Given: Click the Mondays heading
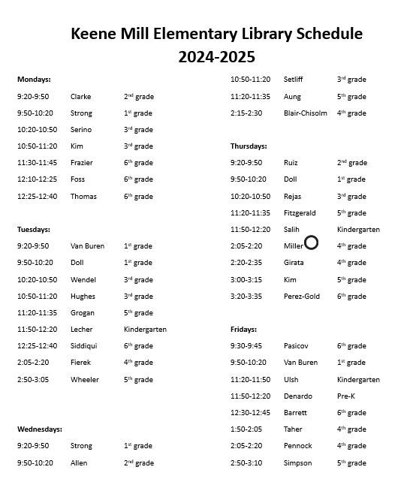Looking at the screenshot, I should pyautogui.click(x=34, y=79).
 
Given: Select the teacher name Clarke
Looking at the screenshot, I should pyautogui.click(x=80, y=97).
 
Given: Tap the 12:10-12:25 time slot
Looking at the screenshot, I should pyautogui.click(x=37, y=179).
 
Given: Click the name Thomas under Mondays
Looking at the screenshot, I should pyautogui.click(x=83, y=197).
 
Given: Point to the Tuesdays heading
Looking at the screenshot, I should pyautogui.click(x=34, y=229).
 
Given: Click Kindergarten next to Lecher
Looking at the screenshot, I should pyautogui.click(x=145, y=330).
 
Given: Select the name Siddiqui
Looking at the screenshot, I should pyautogui.click(x=84, y=346).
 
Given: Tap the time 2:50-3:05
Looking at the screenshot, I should pyautogui.click(x=33, y=380).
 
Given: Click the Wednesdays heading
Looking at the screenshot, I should pyautogui.click(x=40, y=429).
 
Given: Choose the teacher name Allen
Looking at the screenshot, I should pyautogui.click(x=79, y=463).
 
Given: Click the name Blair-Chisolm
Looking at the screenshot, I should pyautogui.click(x=305, y=113).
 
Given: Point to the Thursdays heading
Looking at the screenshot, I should pyautogui.click(x=249, y=146).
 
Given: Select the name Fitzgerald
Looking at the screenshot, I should pyautogui.click(x=300, y=213).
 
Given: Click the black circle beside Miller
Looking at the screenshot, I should pyautogui.click(x=312, y=242).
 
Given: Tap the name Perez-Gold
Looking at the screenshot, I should pyautogui.click(x=301, y=297).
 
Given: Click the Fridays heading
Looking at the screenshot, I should pyautogui.click(x=243, y=330).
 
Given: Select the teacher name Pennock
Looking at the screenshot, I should pyautogui.click(x=297, y=446).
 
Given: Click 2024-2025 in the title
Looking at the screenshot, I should pyautogui.click(x=216, y=56).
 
